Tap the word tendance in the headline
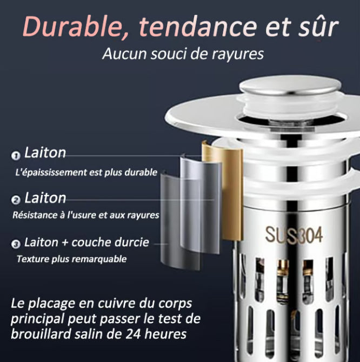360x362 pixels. (x=198, y=26)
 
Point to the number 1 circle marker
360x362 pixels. (x=16, y=156)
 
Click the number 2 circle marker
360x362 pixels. (x=16, y=200)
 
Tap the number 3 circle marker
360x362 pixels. (x=16, y=244)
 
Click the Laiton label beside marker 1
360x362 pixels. (x=45, y=153)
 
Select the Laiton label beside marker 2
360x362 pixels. (x=45, y=198)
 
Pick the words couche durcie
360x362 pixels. (x=110, y=242)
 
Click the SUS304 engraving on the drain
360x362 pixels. (x=294, y=235)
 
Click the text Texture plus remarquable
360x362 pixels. (x=72, y=259)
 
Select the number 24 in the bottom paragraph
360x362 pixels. (x=133, y=334)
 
